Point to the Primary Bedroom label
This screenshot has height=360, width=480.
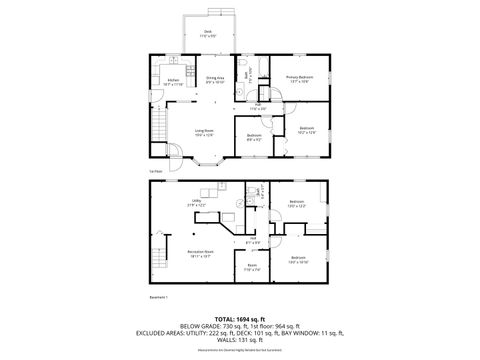(301, 78)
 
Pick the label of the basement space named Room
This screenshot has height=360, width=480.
(252, 268)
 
